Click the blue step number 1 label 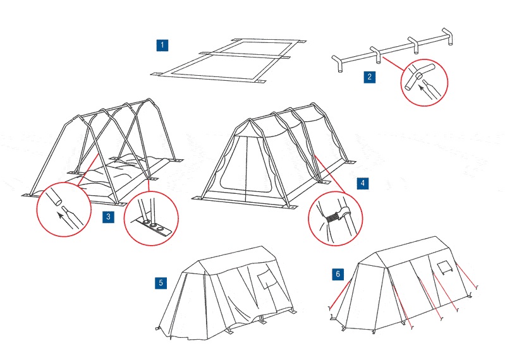tap(163, 45)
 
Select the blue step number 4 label tap(362, 183)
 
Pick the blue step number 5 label tap(162, 282)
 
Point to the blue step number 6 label tap(338, 273)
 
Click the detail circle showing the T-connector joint tap(424, 82)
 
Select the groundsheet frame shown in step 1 tap(224, 61)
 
